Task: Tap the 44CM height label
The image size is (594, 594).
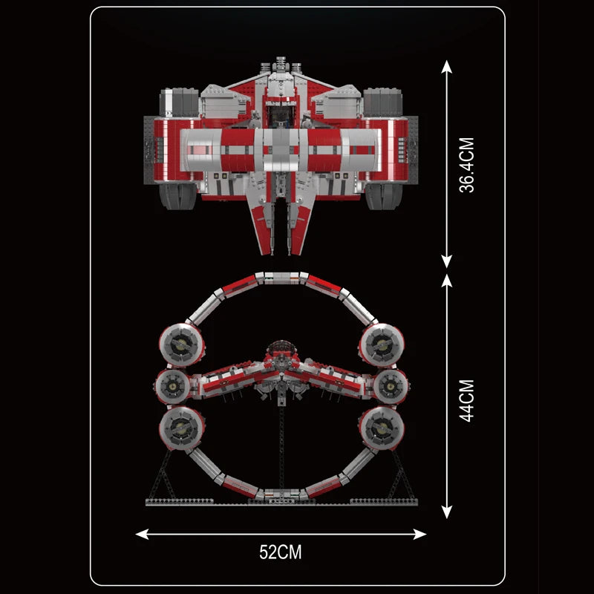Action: pos(466,401)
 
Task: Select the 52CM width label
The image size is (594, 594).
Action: pos(281,552)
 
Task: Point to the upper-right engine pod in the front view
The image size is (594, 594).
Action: pos(382,343)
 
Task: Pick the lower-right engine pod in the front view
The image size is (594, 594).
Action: pos(382,428)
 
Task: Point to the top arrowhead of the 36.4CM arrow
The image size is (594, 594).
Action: pos(446,67)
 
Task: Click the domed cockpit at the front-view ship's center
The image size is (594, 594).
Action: pos(281,349)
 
